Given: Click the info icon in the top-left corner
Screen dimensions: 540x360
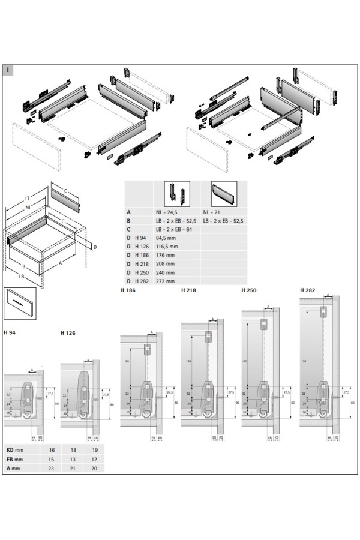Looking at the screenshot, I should [7, 70].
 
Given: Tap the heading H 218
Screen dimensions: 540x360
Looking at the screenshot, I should [188, 290].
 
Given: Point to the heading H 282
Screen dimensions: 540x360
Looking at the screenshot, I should [307, 290].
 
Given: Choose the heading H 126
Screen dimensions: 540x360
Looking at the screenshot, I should [68, 332].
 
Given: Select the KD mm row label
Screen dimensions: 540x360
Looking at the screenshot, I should [14, 449].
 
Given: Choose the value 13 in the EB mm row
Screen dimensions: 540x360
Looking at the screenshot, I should [74, 458].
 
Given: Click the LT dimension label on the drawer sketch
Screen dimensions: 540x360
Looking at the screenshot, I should [28, 198].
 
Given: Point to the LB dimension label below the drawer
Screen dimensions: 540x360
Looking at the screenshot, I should [22, 277].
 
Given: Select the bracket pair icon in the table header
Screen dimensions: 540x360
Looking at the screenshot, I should [176, 193].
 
